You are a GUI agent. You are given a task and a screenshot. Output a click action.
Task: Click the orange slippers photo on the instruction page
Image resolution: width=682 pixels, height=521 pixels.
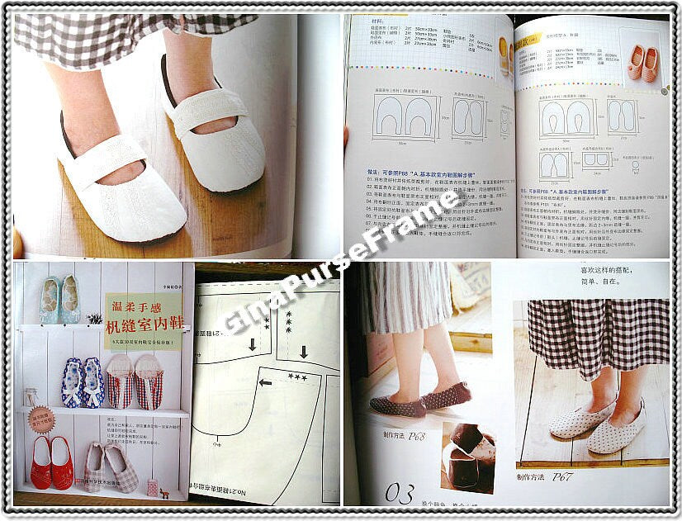click(643, 64)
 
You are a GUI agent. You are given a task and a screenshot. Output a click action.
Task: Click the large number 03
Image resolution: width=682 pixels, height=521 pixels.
click(399, 495)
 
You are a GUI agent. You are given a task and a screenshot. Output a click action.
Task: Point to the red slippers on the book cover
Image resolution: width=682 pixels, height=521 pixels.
click(51, 462)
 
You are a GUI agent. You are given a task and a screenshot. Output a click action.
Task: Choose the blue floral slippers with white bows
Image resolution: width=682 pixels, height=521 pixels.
click(83, 381)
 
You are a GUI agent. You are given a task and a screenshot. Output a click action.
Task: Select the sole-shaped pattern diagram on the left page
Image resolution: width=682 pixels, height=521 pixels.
click(470, 117)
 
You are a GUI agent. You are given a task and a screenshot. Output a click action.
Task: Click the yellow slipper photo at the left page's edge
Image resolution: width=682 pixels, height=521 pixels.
click(503, 58)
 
